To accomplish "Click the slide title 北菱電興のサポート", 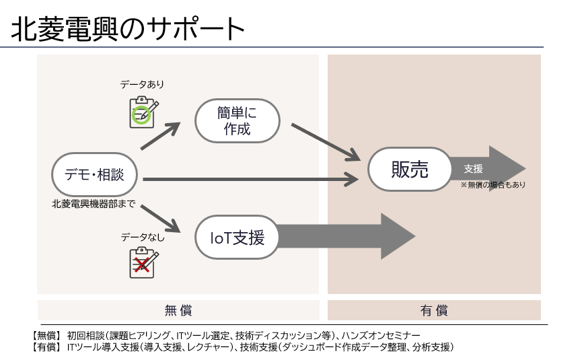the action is pyautogui.click(x=128, y=29).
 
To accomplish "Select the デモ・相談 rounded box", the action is pyautogui.click(x=94, y=174).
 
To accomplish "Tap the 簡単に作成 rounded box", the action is pyautogui.click(x=238, y=120).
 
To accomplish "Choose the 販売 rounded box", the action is pyautogui.click(x=410, y=169).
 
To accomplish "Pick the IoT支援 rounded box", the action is pyautogui.click(x=237, y=238).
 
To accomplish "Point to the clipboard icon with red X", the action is pyautogui.click(x=144, y=262).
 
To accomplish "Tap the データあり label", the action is pyautogui.click(x=142, y=85).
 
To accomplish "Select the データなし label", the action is pyautogui.click(x=143, y=238).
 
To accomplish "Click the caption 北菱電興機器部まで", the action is pyautogui.click(x=94, y=204).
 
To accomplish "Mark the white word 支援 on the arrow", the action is pyautogui.click(x=474, y=169).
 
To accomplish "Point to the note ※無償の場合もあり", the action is pyautogui.click(x=492, y=184).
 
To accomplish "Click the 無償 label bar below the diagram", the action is pyautogui.click(x=178, y=310).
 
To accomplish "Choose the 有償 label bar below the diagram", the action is pyautogui.click(x=434, y=310).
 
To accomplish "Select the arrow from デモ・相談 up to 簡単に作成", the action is pyautogui.click(x=161, y=136).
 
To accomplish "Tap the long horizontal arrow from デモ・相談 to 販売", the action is pyautogui.click(x=251, y=179).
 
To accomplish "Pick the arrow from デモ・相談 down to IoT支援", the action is pyautogui.click(x=161, y=219).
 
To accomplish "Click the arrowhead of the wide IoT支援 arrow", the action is pyautogui.click(x=398, y=236).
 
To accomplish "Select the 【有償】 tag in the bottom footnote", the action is pyautogui.click(x=46, y=347).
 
